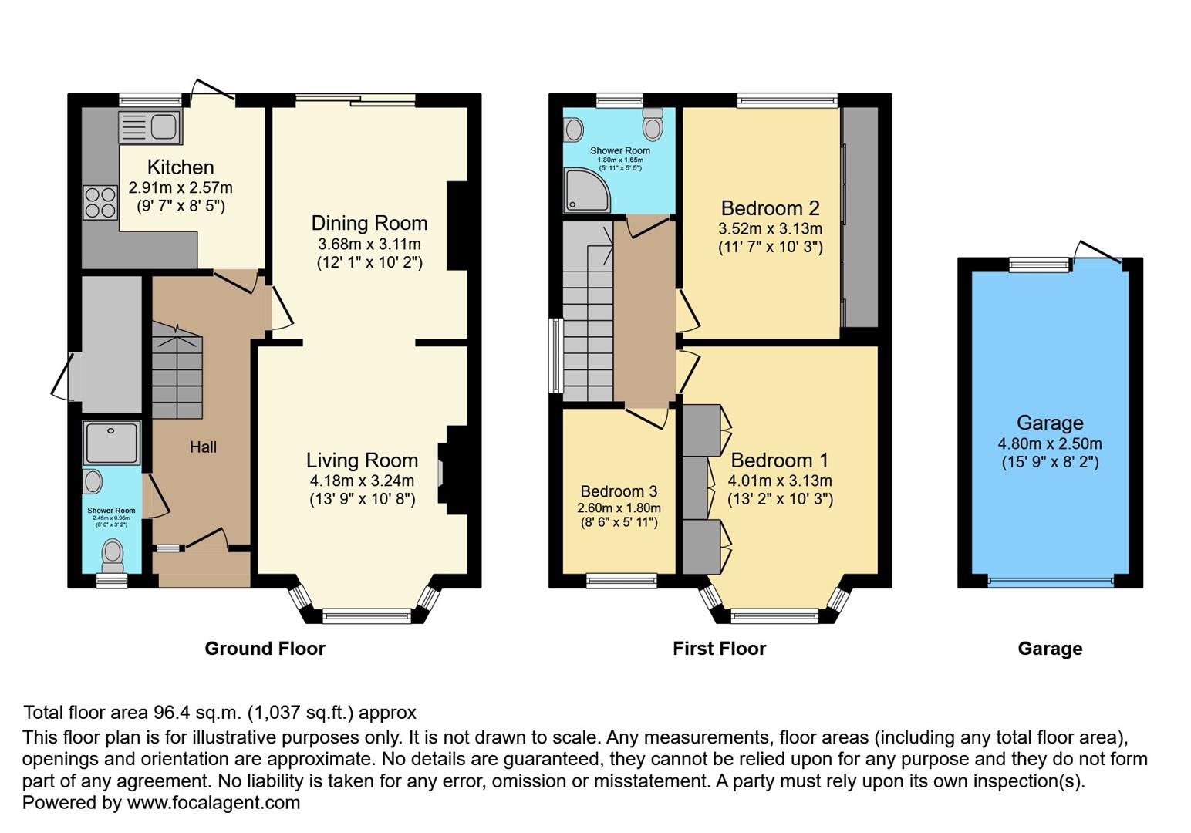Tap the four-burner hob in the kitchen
(x=100, y=203)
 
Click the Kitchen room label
(x=181, y=167)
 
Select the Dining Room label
(x=369, y=223)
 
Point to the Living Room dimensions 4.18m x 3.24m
(x=362, y=481)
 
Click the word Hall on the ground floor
(x=203, y=447)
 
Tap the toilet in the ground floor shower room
(x=113, y=552)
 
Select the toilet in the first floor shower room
(x=653, y=123)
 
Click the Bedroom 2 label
(x=770, y=208)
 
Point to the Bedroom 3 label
(x=619, y=491)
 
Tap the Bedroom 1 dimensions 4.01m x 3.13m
(x=780, y=481)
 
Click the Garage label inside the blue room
(x=1049, y=423)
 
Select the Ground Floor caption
(x=265, y=649)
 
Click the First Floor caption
(x=719, y=649)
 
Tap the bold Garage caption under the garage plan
(x=1049, y=649)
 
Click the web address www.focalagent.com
(x=213, y=802)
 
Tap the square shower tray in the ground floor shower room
(x=112, y=443)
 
